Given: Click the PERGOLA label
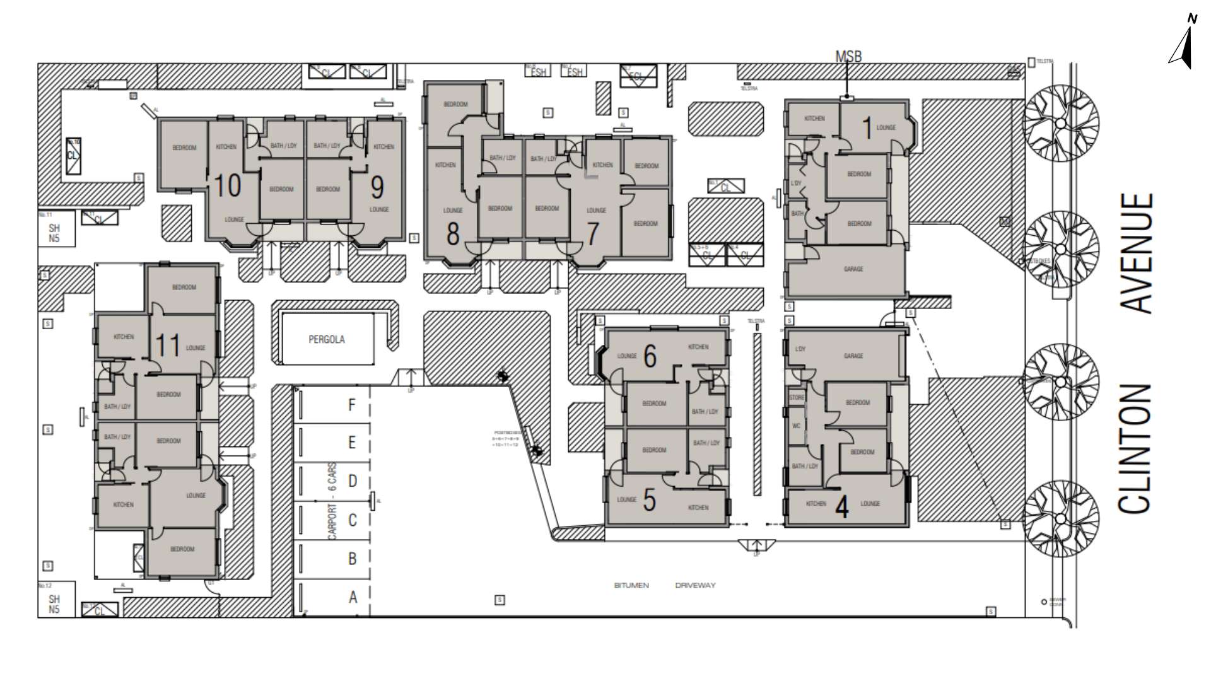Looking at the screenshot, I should coord(326,339).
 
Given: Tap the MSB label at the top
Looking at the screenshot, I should coord(848,56).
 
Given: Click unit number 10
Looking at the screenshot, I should coord(228,186).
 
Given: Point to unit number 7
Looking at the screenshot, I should coord(592,234).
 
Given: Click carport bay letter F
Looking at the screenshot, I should coord(352,405).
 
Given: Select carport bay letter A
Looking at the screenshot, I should coord(353,597).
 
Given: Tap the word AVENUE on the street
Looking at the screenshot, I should coord(1138,253).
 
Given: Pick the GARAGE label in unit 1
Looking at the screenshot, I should coord(853,269).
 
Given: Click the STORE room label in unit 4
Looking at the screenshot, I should coord(797,398).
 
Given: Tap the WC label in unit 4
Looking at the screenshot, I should coord(796,426).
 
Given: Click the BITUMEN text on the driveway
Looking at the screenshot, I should coord(631,585).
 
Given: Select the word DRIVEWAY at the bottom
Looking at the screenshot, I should coord(695,585).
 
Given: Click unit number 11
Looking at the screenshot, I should coord(168,346).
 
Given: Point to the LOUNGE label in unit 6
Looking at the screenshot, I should coord(626,356).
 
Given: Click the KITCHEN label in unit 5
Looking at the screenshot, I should coord(698,508).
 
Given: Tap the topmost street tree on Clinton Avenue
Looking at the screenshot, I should coord(1060,122).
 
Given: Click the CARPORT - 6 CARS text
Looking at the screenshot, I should coord(333,502).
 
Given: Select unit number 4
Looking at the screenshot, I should coord(841,507).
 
